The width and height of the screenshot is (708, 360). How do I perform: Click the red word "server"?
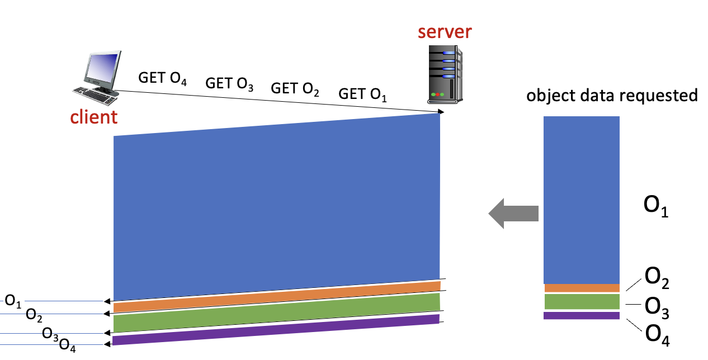(445, 31)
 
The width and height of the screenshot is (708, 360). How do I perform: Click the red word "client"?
(93, 117)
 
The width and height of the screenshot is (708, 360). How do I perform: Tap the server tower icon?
(445, 75)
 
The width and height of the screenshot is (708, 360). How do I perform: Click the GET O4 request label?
(162, 78)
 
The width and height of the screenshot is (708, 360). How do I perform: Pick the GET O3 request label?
(229, 84)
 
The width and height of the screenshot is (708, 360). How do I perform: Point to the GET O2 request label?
(295, 89)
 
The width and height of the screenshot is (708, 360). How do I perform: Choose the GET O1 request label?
(362, 94)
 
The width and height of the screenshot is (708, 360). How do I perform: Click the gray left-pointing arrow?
(513, 213)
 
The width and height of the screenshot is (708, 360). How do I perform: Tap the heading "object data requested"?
(612, 96)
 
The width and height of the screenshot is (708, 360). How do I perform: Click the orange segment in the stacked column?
(582, 288)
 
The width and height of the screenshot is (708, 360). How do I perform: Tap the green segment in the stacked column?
(582, 302)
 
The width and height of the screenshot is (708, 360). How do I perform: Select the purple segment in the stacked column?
(582, 315)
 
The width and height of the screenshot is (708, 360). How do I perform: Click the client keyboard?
(95, 95)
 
